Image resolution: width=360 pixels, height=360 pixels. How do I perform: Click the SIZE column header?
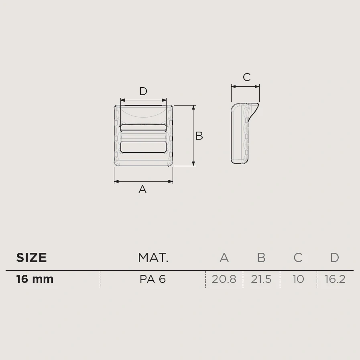click(x=31, y=257)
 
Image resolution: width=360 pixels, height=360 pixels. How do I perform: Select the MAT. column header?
click(x=153, y=258)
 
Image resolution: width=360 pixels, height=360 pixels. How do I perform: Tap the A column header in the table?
click(x=224, y=258)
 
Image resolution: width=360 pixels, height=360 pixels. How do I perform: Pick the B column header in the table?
click(x=261, y=258)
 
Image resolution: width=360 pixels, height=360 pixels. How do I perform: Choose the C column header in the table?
click(x=298, y=258)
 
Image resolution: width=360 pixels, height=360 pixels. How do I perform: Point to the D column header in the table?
click(x=335, y=258)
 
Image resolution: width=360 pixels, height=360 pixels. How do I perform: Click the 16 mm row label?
click(x=35, y=279)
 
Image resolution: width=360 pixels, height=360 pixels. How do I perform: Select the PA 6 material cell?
click(x=153, y=279)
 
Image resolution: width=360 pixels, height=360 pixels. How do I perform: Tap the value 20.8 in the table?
click(x=224, y=279)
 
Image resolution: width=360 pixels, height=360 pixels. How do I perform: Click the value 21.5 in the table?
click(x=261, y=279)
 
